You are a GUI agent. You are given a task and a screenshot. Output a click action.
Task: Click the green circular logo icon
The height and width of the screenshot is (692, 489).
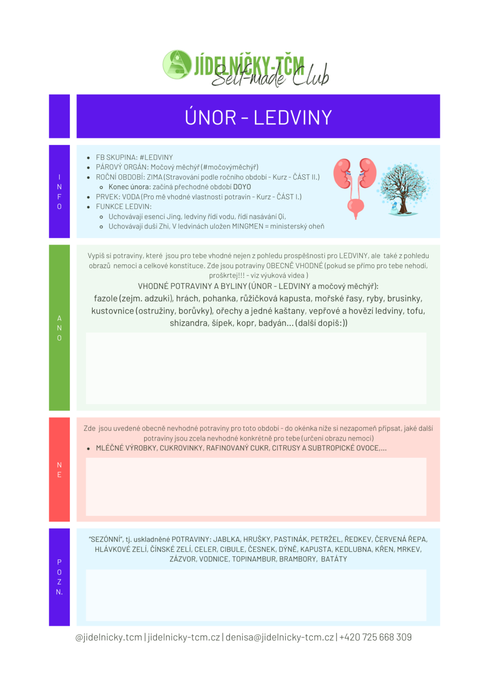(177, 64)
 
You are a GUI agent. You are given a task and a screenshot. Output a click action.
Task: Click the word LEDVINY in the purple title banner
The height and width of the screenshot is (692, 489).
(293, 118)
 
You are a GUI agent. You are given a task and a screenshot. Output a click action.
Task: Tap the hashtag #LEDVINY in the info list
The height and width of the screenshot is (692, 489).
(156, 157)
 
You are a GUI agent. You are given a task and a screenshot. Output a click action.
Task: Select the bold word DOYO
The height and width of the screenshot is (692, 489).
(242, 187)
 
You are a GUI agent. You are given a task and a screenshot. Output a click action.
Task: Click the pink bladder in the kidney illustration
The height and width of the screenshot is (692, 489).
(356, 206)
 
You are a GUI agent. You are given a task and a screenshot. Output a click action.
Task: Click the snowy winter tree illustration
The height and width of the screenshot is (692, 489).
(403, 188)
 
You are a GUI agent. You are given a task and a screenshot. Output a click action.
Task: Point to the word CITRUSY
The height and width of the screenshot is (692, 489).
(285, 448)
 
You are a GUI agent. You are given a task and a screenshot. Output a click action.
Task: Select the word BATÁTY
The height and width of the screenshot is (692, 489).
(334, 559)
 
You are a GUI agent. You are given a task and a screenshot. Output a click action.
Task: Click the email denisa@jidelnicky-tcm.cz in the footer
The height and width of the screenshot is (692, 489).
(280, 637)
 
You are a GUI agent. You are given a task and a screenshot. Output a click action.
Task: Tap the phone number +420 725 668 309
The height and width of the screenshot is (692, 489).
(376, 637)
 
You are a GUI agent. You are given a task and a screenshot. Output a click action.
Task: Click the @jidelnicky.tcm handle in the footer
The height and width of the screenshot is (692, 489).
(109, 637)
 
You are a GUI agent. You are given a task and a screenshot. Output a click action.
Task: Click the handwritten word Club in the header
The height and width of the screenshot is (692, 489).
(311, 75)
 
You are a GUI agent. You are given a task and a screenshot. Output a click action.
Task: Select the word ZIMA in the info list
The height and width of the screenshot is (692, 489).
(154, 177)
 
